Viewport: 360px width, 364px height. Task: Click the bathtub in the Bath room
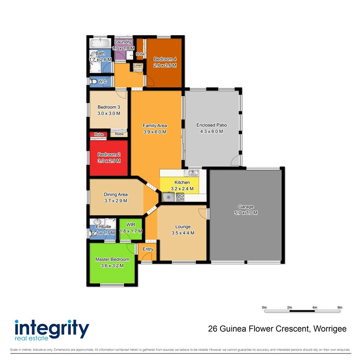(100, 43)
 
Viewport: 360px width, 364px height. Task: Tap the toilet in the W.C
(93, 82)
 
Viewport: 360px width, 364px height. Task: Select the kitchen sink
(193, 173)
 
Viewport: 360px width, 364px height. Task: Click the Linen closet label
(138, 65)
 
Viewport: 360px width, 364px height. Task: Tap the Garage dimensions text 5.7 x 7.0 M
(246, 213)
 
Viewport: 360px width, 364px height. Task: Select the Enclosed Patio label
(212, 125)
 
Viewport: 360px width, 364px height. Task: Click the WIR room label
(131, 225)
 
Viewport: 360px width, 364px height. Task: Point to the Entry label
(148, 249)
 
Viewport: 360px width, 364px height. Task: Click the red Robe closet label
(99, 134)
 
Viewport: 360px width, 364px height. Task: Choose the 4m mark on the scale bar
(314, 307)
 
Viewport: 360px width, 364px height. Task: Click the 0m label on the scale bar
(264, 307)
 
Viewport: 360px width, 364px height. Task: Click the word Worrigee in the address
(330, 329)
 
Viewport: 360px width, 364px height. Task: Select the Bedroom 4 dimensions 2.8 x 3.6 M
(165, 65)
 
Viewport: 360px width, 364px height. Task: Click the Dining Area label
(115, 194)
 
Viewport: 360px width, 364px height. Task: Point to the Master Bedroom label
(112, 259)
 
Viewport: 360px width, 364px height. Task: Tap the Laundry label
(123, 42)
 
